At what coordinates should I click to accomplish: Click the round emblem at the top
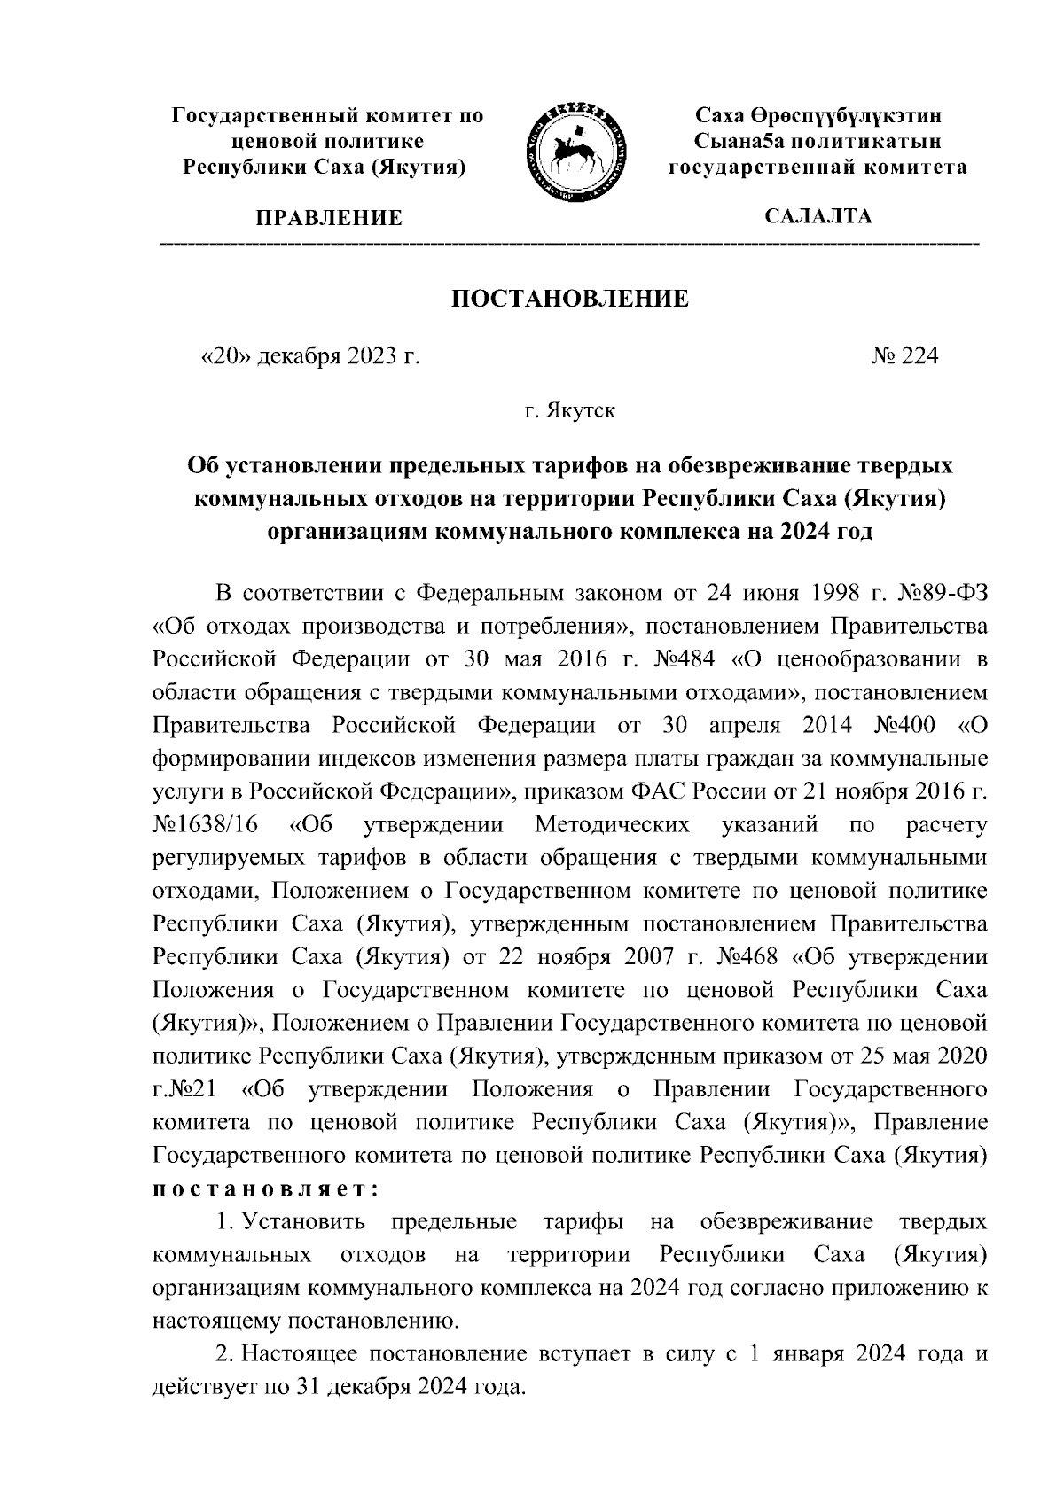pyautogui.click(x=575, y=148)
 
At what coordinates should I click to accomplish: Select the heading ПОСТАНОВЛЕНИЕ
pyautogui.click(x=570, y=299)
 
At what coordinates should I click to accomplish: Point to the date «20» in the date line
pyautogui.click(x=227, y=356)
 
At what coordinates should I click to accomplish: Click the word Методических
pyautogui.click(x=612, y=825)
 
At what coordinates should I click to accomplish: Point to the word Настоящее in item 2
pyautogui.click(x=296, y=1355)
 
